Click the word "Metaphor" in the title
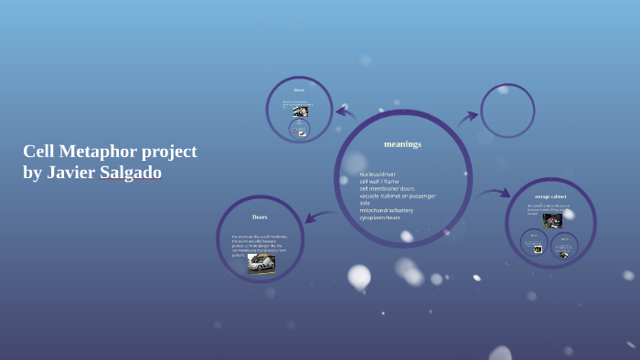pyautogui.click(x=99, y=152)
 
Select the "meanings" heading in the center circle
pyautogui.click(x=402, y=144)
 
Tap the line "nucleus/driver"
pyautogui.click(x=378, y=174)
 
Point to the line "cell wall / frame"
pyautogui.click(x=379, y=181)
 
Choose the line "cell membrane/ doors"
pyautogui.click(x=387, y=188)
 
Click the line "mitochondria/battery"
pyautogui.click(x=386, y=210)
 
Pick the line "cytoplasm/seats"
pyautogui.click(x=379, y=217)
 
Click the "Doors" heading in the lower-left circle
pyautogui.click(x=260, y=217)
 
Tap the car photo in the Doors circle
pyautogui.click(x=261, y=263)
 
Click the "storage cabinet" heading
pyautogui.click(x=550, y=196)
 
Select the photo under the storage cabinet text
pyautogui.click(x=552, y=220)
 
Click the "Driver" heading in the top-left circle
pyautogui.click(x=299, y=90)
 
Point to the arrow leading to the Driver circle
pyautogui.click(x=345, y=113)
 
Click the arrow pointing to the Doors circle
pyautogui.click(x=320, y=217)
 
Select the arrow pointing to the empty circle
pyautogui.click(x=468, y=117)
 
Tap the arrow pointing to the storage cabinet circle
pyautogui.click(x=494, y=193)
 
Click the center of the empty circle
pyautogui.click(x=507, y=111)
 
